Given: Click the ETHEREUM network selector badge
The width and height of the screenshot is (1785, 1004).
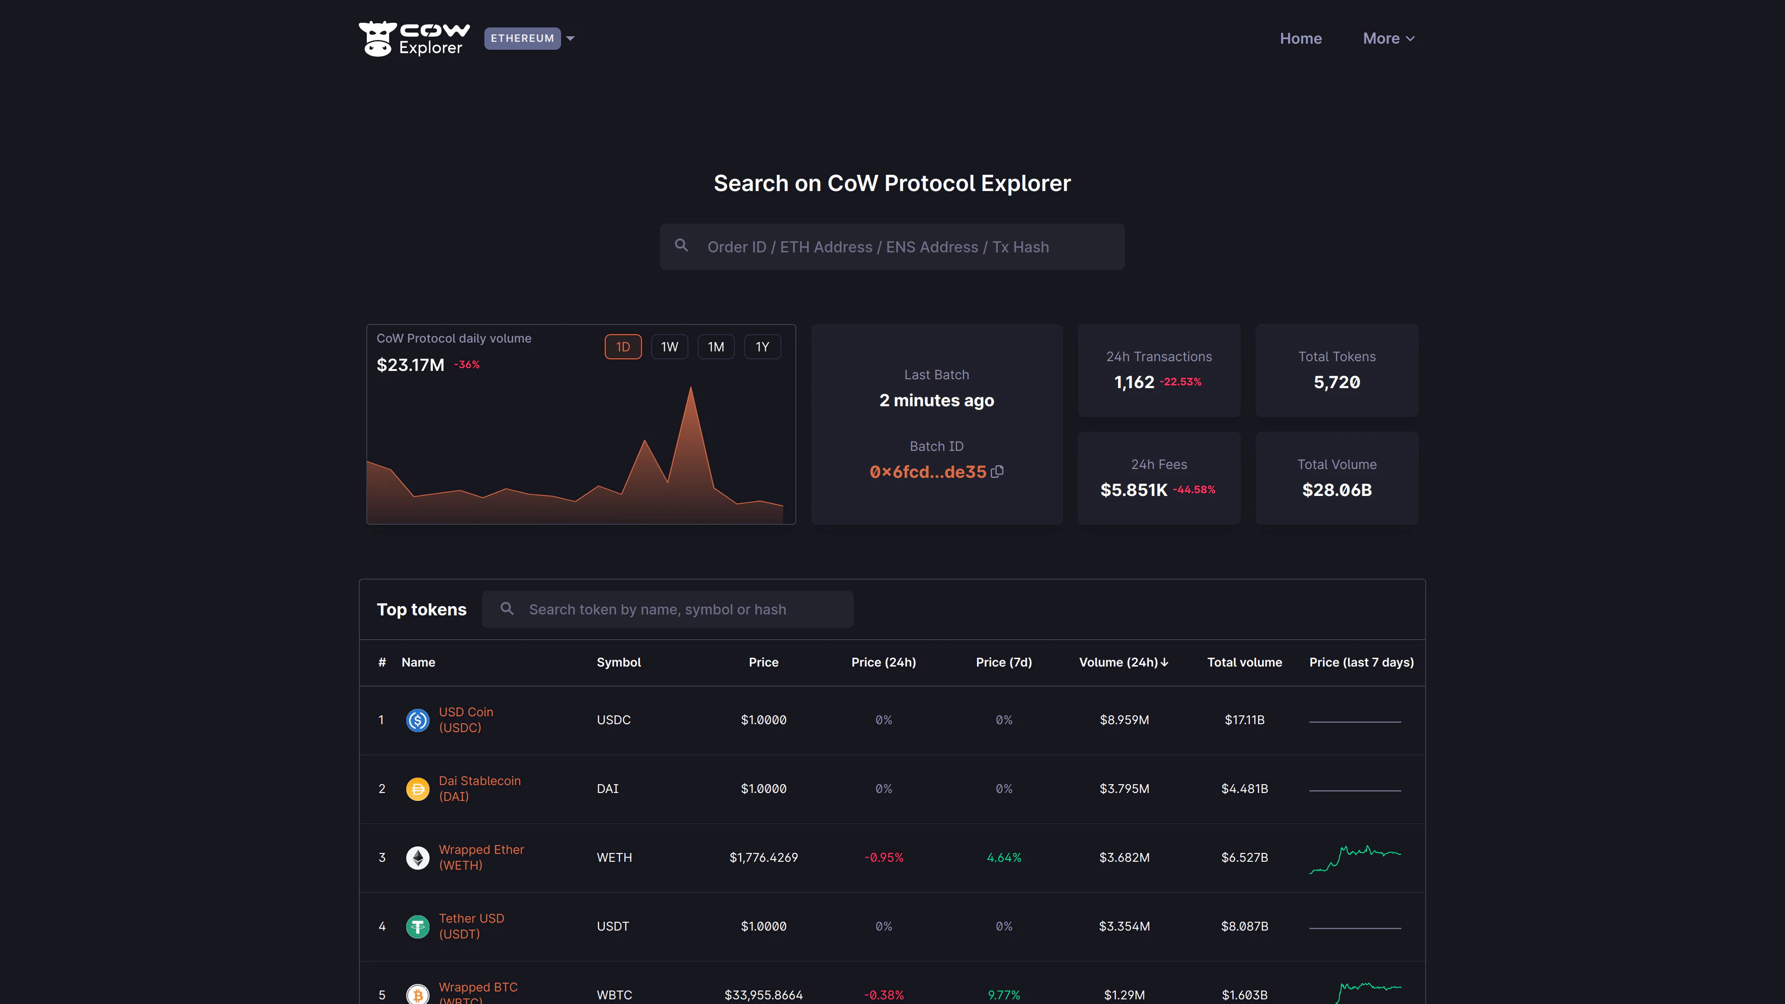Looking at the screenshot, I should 522,38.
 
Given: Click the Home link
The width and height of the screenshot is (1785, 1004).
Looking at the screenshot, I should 1301,39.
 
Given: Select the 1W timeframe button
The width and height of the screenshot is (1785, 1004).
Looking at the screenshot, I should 669,346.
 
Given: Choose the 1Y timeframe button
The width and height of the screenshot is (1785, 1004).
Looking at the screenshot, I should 761,346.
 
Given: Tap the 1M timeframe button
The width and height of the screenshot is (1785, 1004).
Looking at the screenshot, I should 715,346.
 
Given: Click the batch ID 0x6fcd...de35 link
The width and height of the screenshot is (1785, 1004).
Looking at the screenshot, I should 927,472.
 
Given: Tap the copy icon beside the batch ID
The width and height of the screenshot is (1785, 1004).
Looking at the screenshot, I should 997,471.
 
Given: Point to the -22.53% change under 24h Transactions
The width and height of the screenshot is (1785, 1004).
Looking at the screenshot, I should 1180,382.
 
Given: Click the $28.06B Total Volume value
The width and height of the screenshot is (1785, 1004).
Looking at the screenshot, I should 1336,490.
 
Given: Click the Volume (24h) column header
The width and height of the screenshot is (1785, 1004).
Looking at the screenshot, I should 1123,662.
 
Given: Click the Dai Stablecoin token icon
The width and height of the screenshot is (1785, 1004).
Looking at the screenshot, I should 417,788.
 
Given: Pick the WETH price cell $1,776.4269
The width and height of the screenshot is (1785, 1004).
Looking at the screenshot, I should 763,857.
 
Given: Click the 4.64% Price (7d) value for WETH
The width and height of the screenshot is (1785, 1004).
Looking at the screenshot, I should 1004,857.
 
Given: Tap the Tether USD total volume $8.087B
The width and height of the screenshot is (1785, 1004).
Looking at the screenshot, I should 1244,926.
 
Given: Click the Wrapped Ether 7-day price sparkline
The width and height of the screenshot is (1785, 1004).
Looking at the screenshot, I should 1355,857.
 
